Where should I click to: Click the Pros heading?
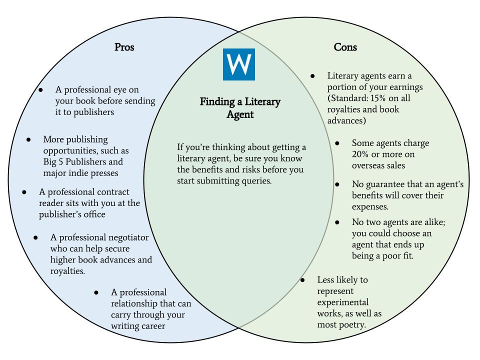124,47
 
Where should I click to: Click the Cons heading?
345,47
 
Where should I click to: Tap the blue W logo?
238,64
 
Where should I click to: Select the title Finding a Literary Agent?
240,108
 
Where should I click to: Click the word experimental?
343,302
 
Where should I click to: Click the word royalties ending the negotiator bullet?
67,271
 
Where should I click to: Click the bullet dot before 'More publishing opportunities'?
29,139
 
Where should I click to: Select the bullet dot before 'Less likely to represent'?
302,280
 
